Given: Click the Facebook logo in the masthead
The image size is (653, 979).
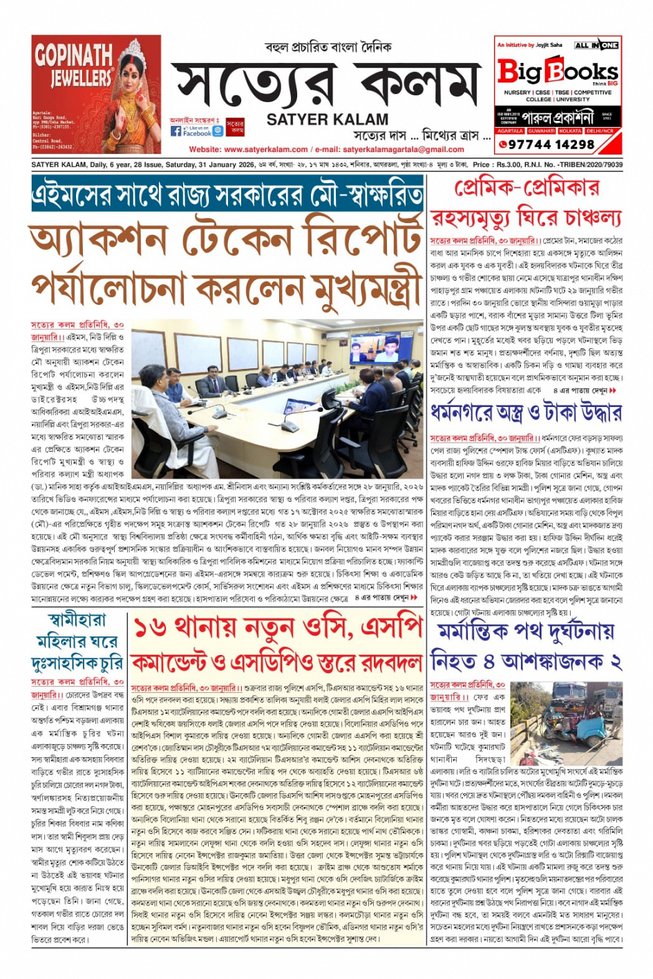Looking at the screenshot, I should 176,131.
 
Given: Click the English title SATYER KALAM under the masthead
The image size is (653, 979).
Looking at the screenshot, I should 327,119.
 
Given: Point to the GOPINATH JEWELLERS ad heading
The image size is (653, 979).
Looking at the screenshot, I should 73,66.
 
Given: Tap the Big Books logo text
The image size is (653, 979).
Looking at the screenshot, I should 557,71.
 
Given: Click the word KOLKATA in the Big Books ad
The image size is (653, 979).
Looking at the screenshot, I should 570,131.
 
